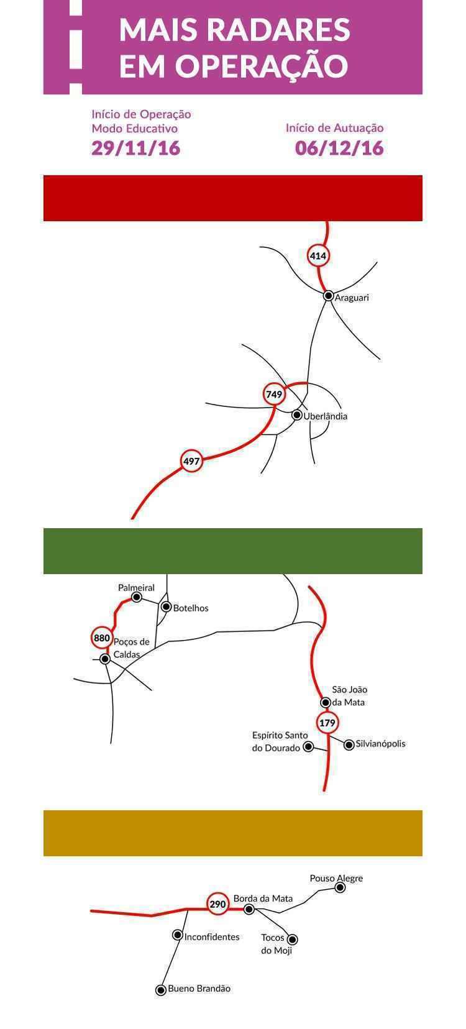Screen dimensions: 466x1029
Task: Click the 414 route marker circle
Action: click(318, 255)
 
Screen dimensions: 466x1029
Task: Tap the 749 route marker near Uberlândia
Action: click(274, 394)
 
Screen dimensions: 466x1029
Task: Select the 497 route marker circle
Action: click(191, 461)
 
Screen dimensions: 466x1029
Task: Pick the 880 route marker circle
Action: click(101, 638)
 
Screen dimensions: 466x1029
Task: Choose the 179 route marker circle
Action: click(327, 723)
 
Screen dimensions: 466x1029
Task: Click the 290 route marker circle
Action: click(218, 904)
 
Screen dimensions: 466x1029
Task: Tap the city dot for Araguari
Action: click(328, 296)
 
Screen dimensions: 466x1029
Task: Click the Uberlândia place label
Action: click(326, 416)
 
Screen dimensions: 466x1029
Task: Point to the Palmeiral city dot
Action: click(137, 597)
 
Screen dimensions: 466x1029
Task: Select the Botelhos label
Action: click(191, 608)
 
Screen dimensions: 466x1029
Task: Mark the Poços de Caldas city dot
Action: click(105, 659)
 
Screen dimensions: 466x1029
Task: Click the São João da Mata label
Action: click(349, 695)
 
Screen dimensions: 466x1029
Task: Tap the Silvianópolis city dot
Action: click(349, 744)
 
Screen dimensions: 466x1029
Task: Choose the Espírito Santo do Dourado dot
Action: click(308, 747)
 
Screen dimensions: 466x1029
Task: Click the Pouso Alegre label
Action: click(336, 878)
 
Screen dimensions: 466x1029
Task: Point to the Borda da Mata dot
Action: click(249, 908)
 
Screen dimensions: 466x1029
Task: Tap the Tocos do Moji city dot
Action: click(292, 939)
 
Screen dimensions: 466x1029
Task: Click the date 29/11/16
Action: click(136, 148)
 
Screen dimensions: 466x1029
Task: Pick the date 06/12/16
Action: click(339, 148)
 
